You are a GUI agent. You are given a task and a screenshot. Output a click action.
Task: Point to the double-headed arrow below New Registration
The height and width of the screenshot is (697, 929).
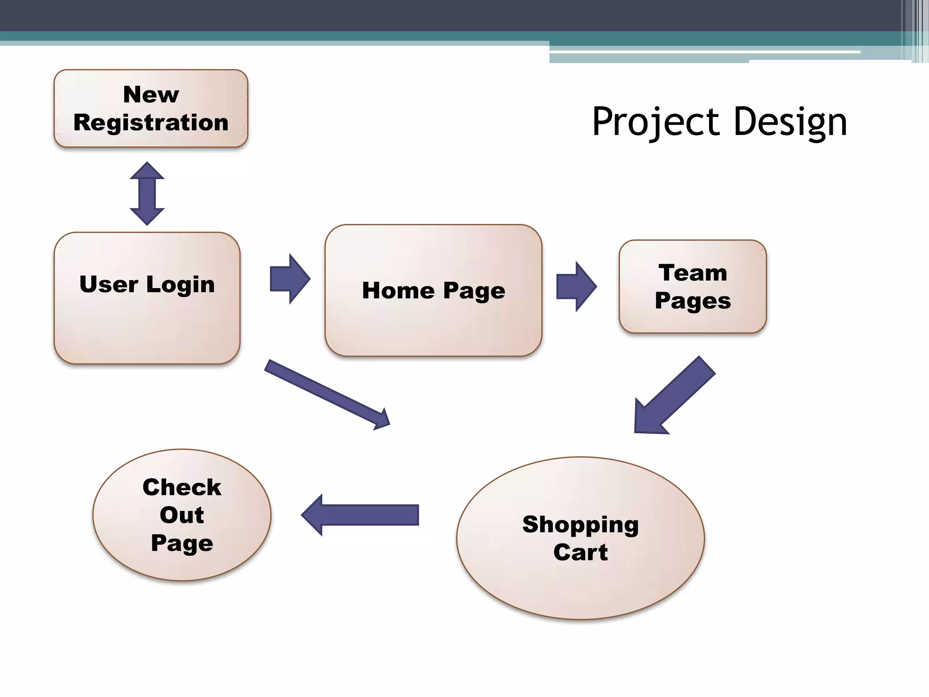[147, 193]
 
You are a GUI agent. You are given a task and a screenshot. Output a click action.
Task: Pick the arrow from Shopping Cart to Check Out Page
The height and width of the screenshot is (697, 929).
[361, 515]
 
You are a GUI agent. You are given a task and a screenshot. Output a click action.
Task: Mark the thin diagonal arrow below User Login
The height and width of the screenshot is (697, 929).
[327, 394]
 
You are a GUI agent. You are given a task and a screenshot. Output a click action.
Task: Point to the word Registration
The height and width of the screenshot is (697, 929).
[151, 123]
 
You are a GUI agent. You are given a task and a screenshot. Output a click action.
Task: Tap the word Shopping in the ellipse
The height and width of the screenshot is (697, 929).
[580, 525]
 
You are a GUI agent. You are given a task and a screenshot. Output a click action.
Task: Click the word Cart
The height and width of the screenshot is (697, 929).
[580, 552]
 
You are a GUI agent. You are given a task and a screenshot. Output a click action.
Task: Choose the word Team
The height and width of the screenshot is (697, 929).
[692, 273]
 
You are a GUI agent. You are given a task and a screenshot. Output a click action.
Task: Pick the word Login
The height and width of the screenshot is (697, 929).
[180, 285]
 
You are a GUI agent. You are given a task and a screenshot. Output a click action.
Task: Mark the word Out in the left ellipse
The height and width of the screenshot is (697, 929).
[181, 515]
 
